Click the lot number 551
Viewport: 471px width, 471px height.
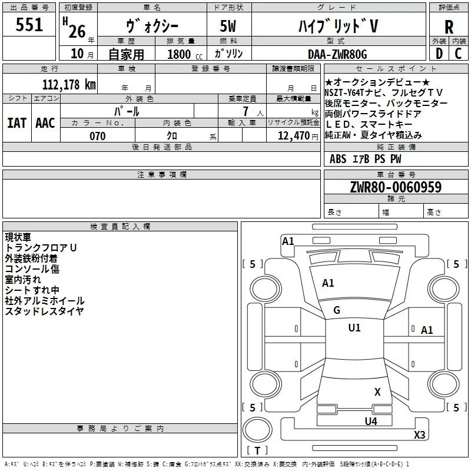tap(29, 25)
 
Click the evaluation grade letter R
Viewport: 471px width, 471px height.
tap(449, 27)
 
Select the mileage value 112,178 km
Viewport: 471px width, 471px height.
tap(69, 85)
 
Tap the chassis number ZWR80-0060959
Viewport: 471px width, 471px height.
tap(396, 187)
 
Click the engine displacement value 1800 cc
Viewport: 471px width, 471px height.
tap(179, 54)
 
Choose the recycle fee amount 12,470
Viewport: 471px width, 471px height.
tap(293, 136)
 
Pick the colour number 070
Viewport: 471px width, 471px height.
tap(97, 136)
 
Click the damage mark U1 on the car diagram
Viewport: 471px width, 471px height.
tap(354, 328)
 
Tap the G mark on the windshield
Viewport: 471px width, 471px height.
tap(337, 310)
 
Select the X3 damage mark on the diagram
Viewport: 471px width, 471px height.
tap(419, 434)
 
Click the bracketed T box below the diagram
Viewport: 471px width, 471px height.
tap(257, 451)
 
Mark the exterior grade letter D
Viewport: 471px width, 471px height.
tap(439, 54)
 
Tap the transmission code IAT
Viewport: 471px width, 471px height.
tap(17, 123)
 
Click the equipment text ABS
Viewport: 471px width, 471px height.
tap(338, 159)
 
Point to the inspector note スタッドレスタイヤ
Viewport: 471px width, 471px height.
tap(44, 311)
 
